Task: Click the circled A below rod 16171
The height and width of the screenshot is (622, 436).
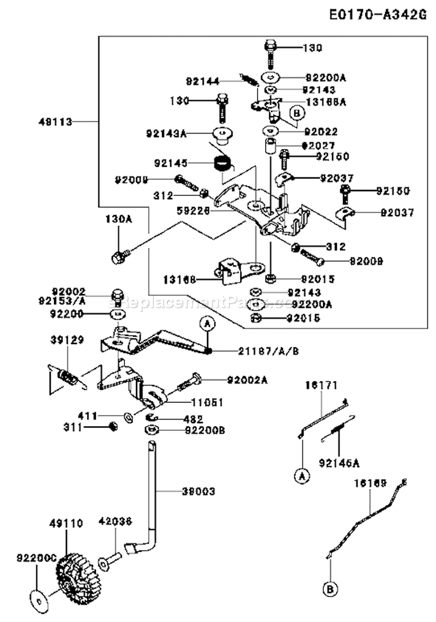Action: pyautogui.click(x=301, y=477)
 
